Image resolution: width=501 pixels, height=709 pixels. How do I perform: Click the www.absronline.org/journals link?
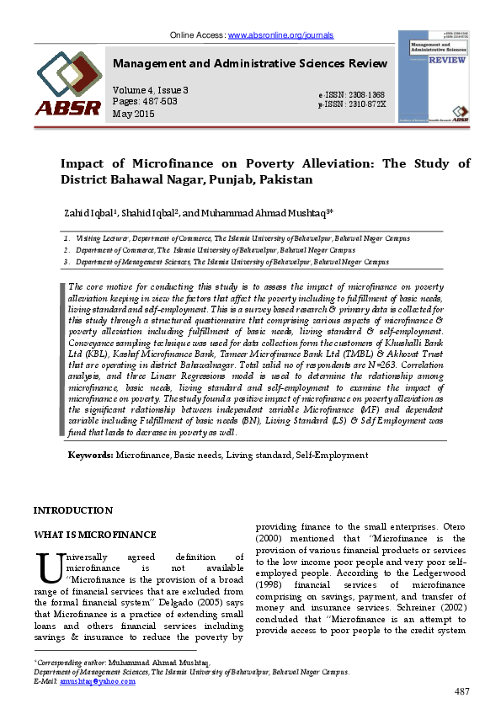coord(280,35)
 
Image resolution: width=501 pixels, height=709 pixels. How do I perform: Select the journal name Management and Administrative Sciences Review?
coord(250,64)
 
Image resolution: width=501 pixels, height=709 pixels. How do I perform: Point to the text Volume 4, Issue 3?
coord(151,90)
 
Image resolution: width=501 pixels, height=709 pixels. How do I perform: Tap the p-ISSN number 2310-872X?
coord(368,104)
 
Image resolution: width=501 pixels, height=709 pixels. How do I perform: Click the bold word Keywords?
coord(90,455)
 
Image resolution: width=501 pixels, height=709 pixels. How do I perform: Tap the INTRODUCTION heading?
coord(72,510)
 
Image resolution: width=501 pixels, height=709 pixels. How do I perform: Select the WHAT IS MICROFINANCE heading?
coord(94,535)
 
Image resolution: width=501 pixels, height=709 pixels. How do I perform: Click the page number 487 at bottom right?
coord(461,691)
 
